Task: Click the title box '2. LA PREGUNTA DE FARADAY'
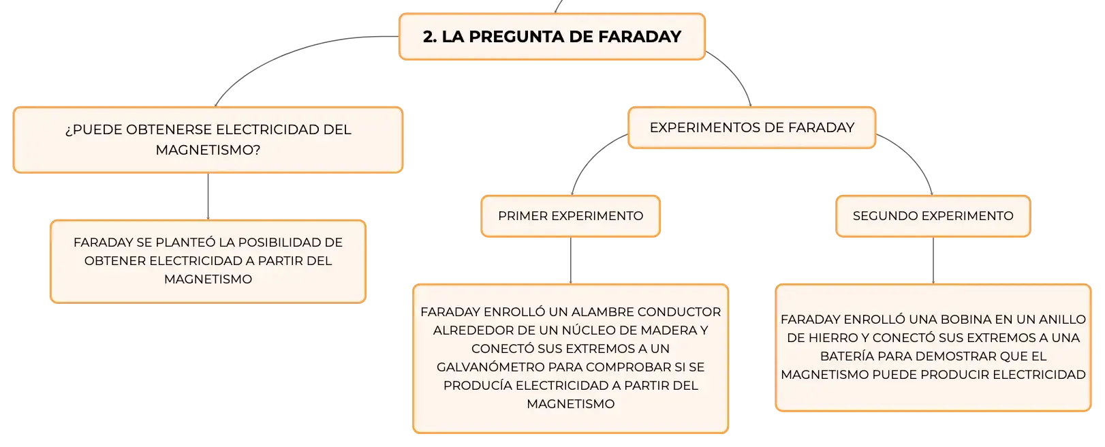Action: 552,37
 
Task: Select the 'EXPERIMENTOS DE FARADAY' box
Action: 752,127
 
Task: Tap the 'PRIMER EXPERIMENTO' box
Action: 571,216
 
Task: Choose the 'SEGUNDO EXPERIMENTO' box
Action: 933,216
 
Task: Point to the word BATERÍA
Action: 847,356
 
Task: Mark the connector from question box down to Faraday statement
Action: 208,196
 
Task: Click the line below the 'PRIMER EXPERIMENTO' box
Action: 571,260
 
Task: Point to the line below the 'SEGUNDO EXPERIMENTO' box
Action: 933,260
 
